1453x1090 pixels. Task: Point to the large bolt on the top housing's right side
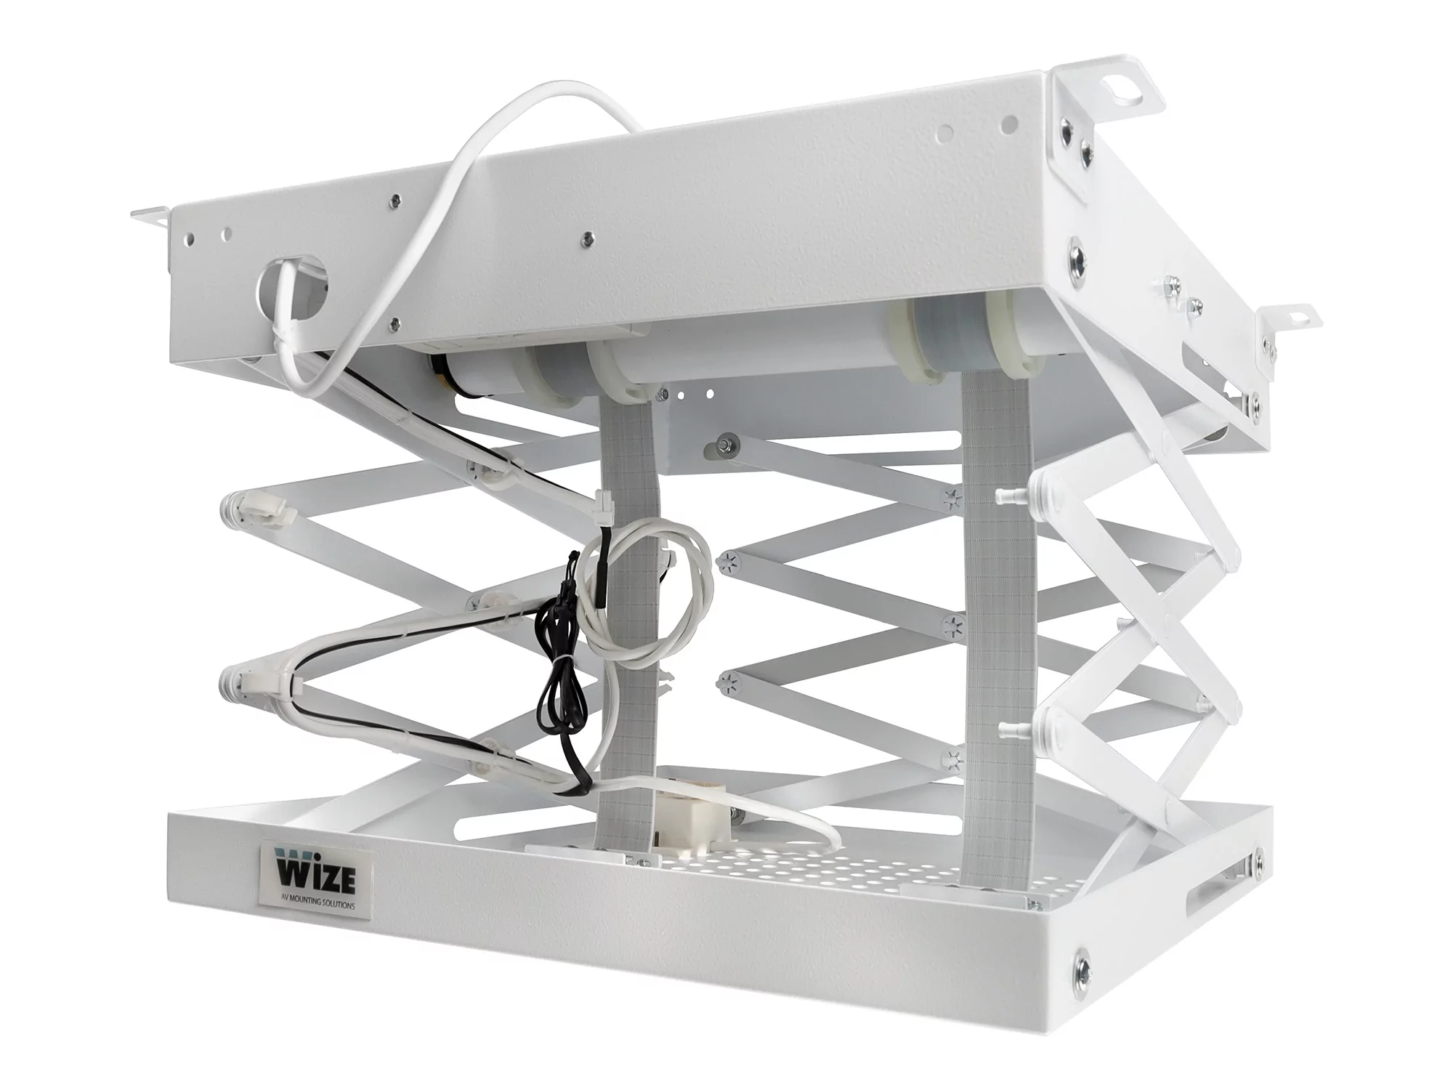coord(1077,257)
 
